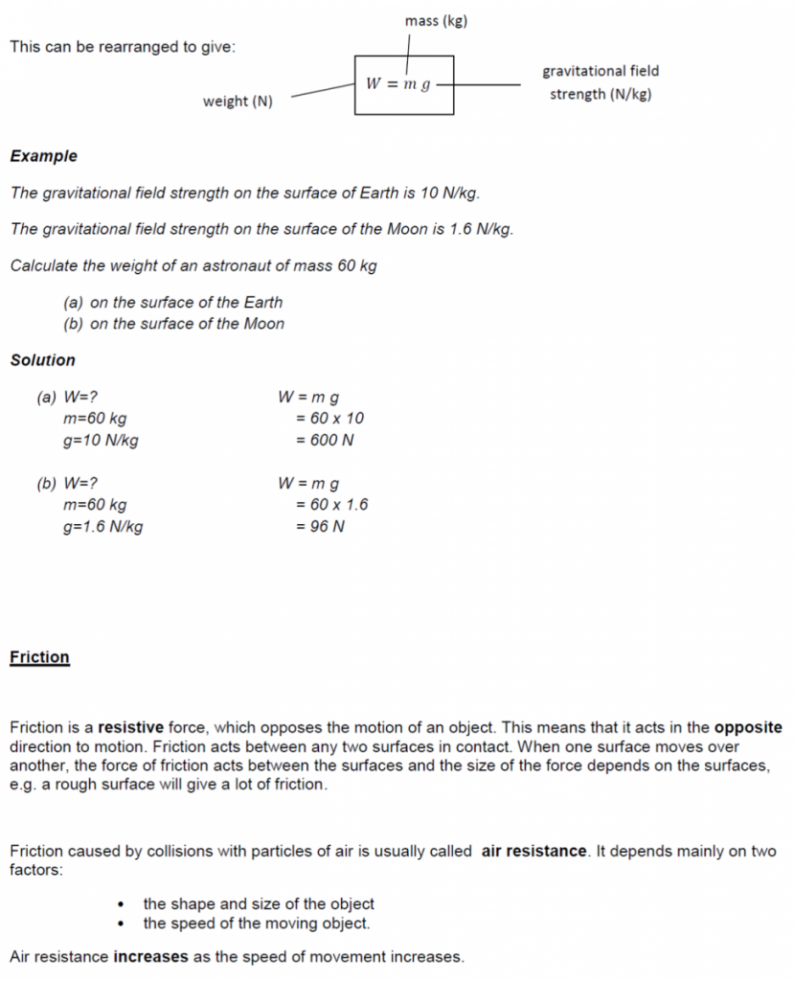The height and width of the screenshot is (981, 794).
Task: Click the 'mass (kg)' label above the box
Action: [436, 20]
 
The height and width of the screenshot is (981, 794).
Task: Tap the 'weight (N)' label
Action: [238, 102]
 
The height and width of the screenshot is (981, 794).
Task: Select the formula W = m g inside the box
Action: [397, 84]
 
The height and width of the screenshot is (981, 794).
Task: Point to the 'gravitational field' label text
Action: [601, 71]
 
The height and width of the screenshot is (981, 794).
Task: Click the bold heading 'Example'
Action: [43, 156]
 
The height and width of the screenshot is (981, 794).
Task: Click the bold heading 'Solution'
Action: [42, 360]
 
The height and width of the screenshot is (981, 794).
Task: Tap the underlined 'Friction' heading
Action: [39, 657]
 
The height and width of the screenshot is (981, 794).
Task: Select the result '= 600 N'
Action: [325, 441]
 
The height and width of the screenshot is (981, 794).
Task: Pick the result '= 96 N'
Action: [320, 527]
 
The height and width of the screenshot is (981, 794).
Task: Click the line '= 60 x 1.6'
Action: [331, 505]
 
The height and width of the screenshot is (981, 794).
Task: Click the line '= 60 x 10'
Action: [329, 419]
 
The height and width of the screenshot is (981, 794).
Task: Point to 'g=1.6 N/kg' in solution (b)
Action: [102, 527]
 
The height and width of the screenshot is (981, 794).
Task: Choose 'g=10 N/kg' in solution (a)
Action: [100, 441]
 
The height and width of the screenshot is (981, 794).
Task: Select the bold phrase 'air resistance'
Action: [533, 851]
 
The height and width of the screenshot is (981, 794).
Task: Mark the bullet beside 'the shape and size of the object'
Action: [122, 904]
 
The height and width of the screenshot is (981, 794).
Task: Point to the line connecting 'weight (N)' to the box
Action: [323, 90]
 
